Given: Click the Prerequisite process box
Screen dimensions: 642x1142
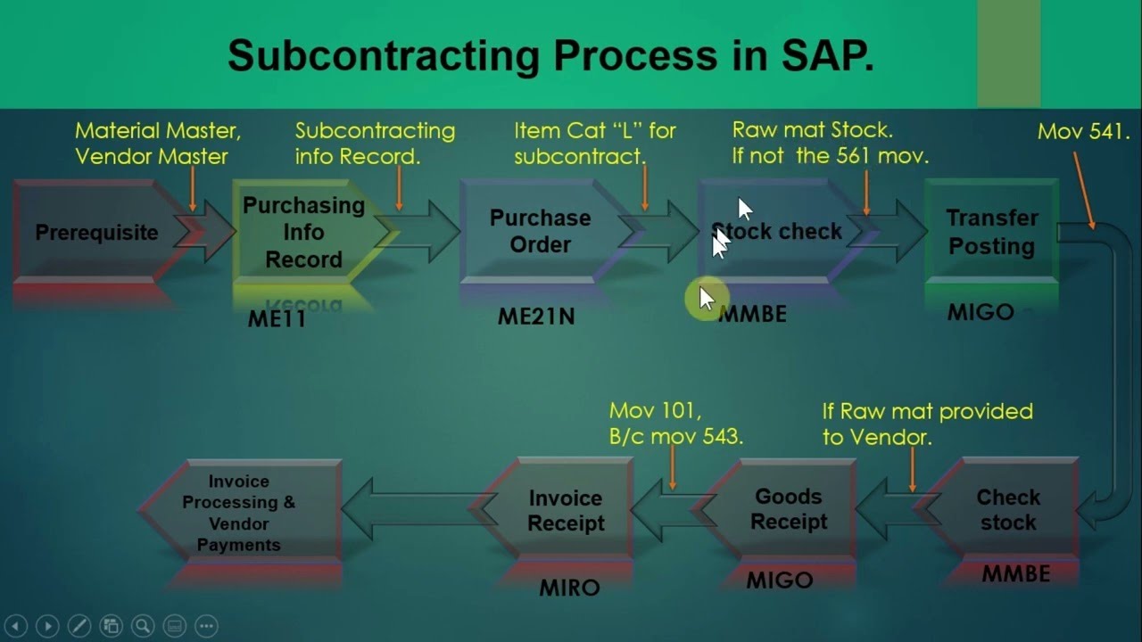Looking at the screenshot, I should click(x=95, y=233).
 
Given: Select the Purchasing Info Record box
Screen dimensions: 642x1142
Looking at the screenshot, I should click(x=303, y=233).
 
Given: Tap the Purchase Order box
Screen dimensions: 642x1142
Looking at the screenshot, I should click(x=540, y=232).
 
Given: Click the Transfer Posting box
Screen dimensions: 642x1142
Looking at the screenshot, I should click(x=991, y=232).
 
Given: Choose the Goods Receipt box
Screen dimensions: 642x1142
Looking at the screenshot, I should click(x=788, y=509).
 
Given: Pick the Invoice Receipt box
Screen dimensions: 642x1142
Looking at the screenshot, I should click(x=566, y=511).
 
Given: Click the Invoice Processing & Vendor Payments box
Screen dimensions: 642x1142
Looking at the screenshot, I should click(x=238, y=513).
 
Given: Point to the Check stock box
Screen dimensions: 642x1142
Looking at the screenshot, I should click(x=1007, y=510).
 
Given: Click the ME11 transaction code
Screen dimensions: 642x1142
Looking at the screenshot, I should click(x=277, y=319).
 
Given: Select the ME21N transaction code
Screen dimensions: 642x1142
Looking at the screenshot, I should click(x=536, y=316).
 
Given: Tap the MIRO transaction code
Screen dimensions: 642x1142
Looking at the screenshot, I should click(x=569, y=588).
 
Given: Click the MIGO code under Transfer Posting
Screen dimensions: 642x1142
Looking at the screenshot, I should click(x=981, y=312).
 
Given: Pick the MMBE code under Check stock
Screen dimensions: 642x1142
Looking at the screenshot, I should click(x=1015, y=574).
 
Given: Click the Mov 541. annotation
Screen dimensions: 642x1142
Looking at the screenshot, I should click(x=1083, y=132).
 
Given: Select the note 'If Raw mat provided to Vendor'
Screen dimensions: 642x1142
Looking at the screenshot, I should click(x=927, y=424).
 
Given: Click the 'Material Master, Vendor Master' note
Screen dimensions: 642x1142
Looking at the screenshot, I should click(x=158, y=143).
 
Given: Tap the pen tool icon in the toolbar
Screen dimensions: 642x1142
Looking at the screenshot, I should click(x=79, y=626).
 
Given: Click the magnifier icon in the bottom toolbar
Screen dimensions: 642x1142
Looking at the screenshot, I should click(x=142, y=626).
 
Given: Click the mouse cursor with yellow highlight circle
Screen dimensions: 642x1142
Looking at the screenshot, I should click(x=705, y=299).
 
